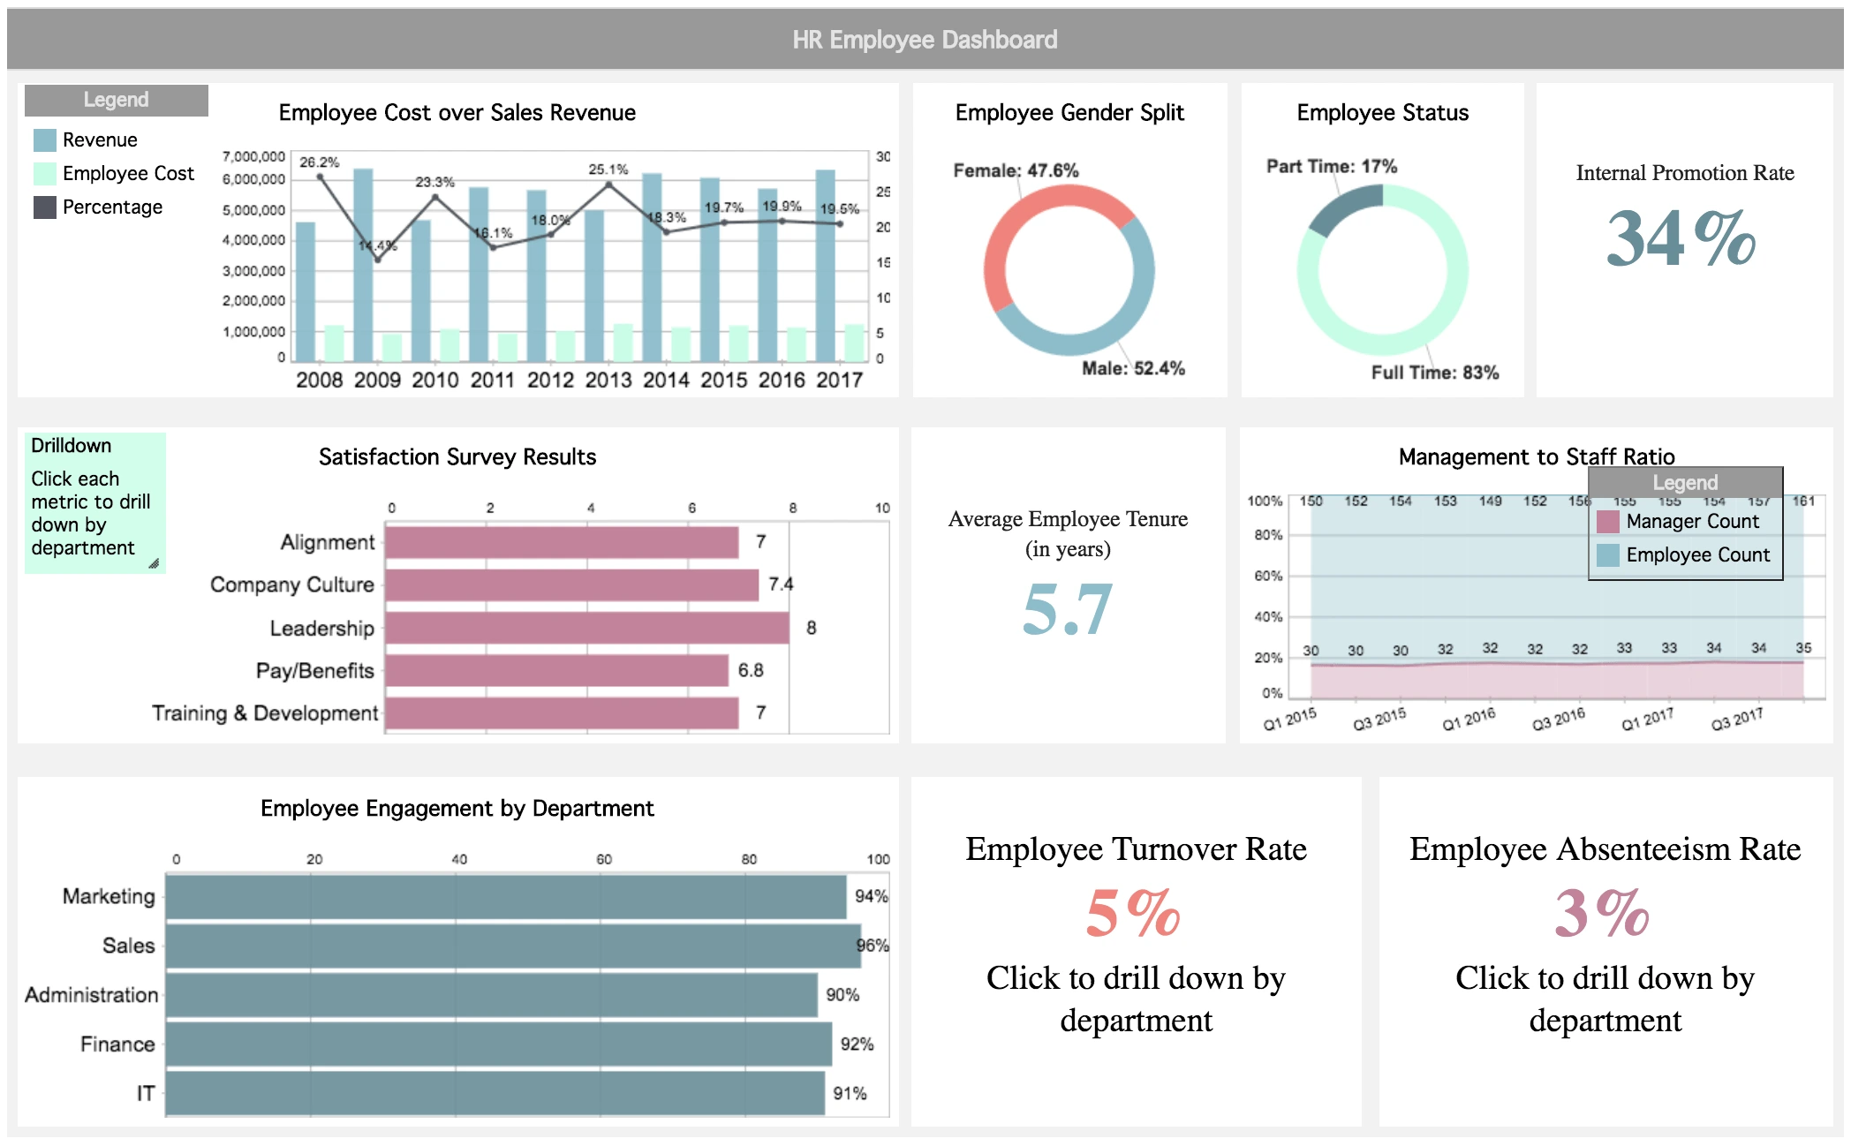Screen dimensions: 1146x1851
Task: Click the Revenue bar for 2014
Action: click(x=652, y=265)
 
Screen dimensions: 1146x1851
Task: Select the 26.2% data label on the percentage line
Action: click(x=319, y=162)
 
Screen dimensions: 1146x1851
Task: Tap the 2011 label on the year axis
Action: click(x=492, y=381)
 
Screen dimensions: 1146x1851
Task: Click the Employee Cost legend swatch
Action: click(x=45, y=174)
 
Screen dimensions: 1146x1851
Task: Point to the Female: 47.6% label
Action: click(x=1016, y=170)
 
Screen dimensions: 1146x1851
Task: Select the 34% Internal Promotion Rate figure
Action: click(x=1681, y=238)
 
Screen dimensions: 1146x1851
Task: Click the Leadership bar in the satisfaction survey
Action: click(x=586, y=628)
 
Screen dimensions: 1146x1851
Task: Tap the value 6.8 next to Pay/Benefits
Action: click(x=751, y=670)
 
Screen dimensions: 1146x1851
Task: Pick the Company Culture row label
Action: click(x=292, y=584)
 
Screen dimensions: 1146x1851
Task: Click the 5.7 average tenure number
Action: click(x=1067, y=609)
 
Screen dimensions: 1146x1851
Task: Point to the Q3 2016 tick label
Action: click(x=1559, y=719)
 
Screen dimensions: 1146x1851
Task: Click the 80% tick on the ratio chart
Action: click(x=1268, y=535)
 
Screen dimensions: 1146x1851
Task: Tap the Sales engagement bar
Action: click(x=512, y=946)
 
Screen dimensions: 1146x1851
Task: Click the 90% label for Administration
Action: click(x=842, y=995)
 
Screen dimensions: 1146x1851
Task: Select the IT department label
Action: click(x=146, y=1094)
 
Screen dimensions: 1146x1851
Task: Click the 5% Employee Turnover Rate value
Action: click(x=1134, y=913)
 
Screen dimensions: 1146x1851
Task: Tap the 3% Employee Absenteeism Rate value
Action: click(x=1602, y=913)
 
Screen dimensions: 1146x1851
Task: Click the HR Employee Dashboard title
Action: click(x=925, y=40)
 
